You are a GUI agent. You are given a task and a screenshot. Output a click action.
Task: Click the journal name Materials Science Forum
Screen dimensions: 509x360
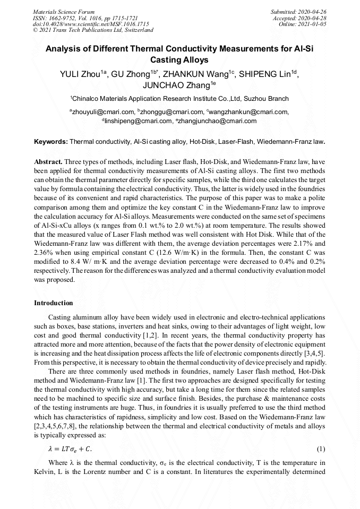pos(64,12)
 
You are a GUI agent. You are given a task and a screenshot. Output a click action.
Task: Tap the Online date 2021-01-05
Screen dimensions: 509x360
pos(314,24)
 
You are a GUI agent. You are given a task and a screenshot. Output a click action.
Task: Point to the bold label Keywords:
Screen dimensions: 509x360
pos(51,142)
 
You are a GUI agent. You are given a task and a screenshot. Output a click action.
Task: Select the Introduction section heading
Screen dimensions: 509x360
pos(54,303)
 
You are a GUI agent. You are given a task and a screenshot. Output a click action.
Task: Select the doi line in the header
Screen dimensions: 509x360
pos(91,24)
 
